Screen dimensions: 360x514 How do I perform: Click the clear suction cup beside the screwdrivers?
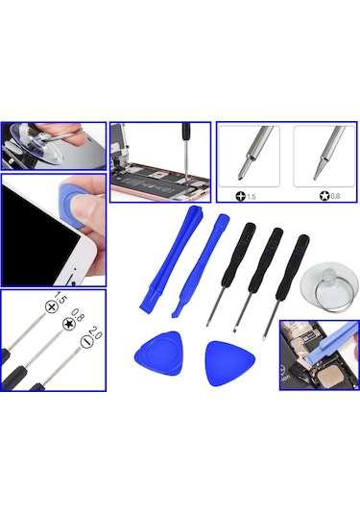pyautogui.click(x=327, y=288)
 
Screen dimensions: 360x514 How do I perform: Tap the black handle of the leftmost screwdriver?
pyautogui.click(x=238, y=255)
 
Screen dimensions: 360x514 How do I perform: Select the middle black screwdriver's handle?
pyautogui.click(x=266, y=260)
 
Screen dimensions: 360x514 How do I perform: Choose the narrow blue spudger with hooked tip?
pyautogui.click(x=201, y=265)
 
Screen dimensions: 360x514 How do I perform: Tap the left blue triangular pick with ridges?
pyautogui.click(x=159, y=354)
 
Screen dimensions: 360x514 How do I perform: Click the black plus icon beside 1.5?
pyautogui.click(x=240, y=196)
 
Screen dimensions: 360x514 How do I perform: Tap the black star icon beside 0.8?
pyautogui.click(x=324, y=196)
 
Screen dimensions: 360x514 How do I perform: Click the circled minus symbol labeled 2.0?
pyautogui.click(x=87, y=342)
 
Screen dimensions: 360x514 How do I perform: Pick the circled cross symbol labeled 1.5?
pyautogui.click(x=52, y=307)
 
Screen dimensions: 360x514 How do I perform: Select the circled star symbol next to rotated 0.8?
pyautogui.click(x=69, y=324)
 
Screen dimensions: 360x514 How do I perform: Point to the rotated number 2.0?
pyautogui.click(x=95, y=332)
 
